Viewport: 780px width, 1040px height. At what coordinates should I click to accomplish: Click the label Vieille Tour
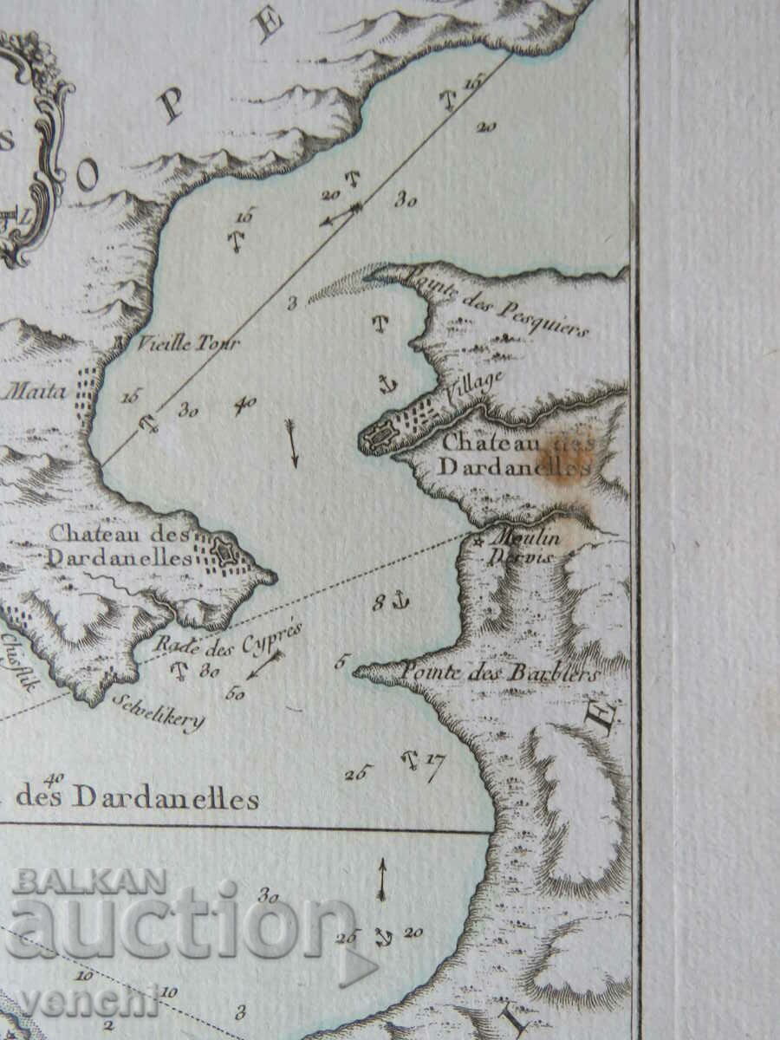187,342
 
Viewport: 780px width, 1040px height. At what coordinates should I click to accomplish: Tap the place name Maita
36,392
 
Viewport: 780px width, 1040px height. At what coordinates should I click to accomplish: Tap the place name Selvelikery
158,710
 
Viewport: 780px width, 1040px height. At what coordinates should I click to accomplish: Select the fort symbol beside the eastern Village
378,439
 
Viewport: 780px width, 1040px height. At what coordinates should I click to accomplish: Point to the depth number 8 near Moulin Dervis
379,602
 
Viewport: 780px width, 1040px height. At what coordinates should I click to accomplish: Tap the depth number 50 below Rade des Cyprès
234,692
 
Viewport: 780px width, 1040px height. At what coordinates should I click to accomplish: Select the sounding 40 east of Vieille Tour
245,405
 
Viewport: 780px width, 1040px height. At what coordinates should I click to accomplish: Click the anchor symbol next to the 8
400,600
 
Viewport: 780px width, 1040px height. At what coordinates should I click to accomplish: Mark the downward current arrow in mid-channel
292,443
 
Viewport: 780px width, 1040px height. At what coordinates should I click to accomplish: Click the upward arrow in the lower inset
381,879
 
